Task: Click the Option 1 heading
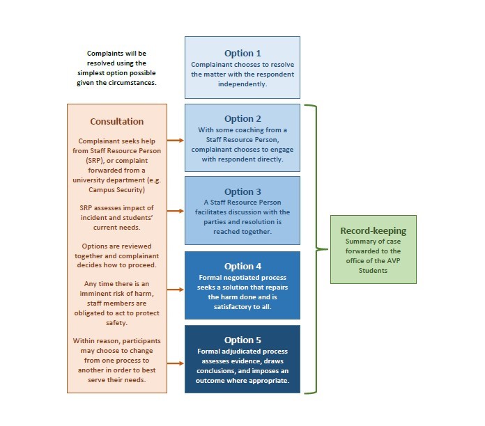[x=243, y=53]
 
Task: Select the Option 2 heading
[x=243, y=118]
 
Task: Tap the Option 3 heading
[x=243, y=191]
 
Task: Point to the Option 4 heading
[x=243, y=266]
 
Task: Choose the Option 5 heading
[x=243, y=340]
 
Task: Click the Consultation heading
[x=117, y=121]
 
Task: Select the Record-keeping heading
[x=373, y=230]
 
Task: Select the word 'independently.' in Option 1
[x=243, y=84]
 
